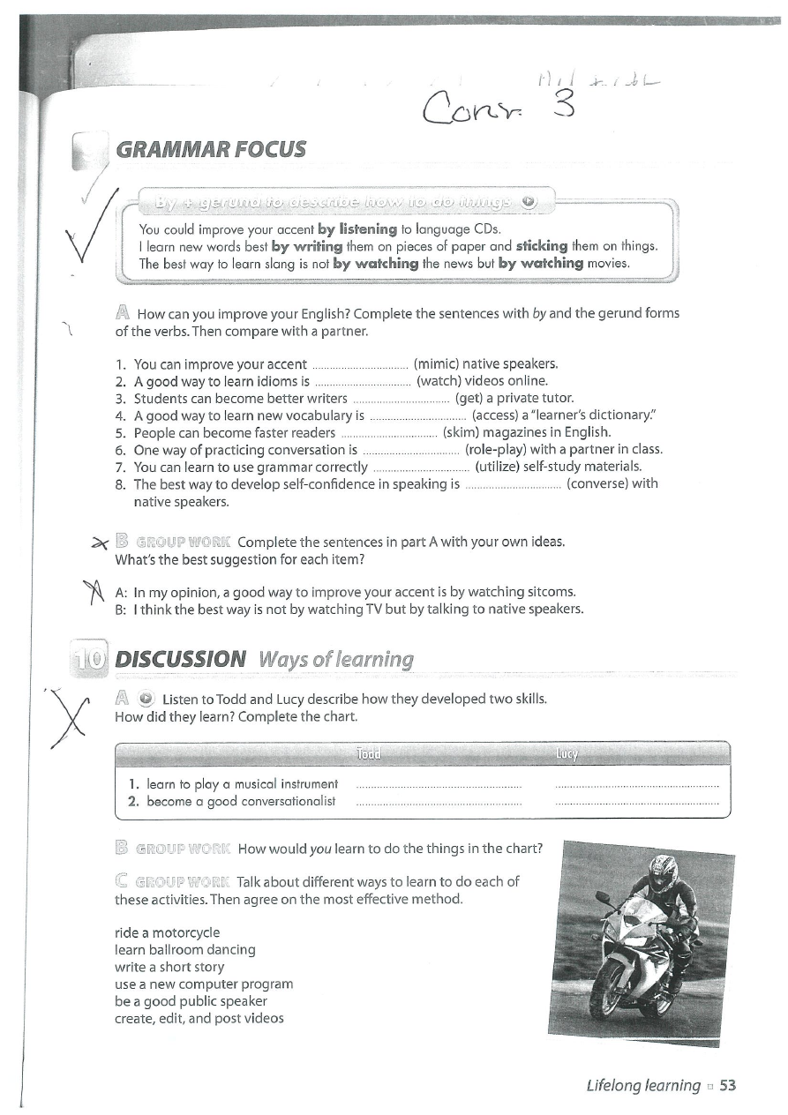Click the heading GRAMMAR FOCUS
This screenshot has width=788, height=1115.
pos(210,148)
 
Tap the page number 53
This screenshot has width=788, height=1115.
pos(727,1085)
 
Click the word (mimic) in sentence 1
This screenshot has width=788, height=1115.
pos(436,363)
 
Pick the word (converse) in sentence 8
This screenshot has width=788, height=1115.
pos(600,483)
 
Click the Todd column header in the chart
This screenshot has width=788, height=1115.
pos(367,753)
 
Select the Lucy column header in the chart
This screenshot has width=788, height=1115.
pos(567,753)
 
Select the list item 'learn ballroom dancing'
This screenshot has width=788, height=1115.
pos(185,950)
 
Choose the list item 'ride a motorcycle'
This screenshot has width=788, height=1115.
pos(168,932)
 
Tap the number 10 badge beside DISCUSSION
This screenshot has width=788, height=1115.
pos(88,660)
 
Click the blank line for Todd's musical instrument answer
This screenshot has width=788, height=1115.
pos(438,784)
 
